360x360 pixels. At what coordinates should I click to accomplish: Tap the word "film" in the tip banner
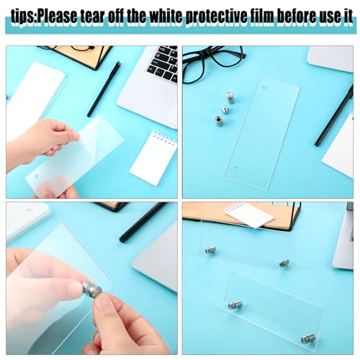click(262, 17)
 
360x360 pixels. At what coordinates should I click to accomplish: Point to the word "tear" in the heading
click(93, 17)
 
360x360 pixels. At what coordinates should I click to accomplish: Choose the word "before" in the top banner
click(297, 17)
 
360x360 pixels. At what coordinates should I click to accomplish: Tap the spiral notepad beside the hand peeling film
click(153, 158)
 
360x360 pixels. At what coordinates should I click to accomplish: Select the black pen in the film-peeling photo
click(104, 89)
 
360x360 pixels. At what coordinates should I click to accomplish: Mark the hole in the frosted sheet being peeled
click(37, 176)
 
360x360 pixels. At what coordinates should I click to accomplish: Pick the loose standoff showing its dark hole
click(219, 121)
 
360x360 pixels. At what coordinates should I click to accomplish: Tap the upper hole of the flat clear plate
click(264, 88)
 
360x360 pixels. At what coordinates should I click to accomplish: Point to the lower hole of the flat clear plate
click(235, 168)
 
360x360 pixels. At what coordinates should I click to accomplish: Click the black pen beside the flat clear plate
click(335, 116)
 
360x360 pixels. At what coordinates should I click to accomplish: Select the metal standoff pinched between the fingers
click(91, 289)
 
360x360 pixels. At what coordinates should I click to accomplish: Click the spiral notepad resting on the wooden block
click(250, 215)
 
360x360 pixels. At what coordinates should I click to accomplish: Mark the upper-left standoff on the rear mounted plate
click(210, 251)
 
